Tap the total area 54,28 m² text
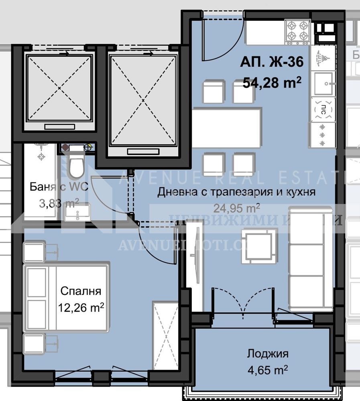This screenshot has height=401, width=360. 272,83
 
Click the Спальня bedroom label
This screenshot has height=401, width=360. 81,291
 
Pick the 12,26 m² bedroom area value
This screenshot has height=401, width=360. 81,308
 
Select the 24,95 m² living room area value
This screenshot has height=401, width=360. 236,208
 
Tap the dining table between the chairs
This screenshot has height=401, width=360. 227,128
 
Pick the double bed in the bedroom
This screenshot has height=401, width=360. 67,297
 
